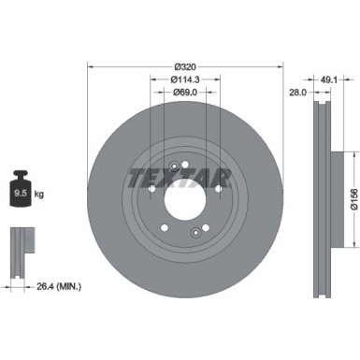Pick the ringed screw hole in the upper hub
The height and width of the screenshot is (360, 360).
(186, 168)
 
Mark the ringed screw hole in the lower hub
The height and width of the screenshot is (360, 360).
(194, 234)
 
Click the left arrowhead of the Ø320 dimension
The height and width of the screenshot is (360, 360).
(90, 66)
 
